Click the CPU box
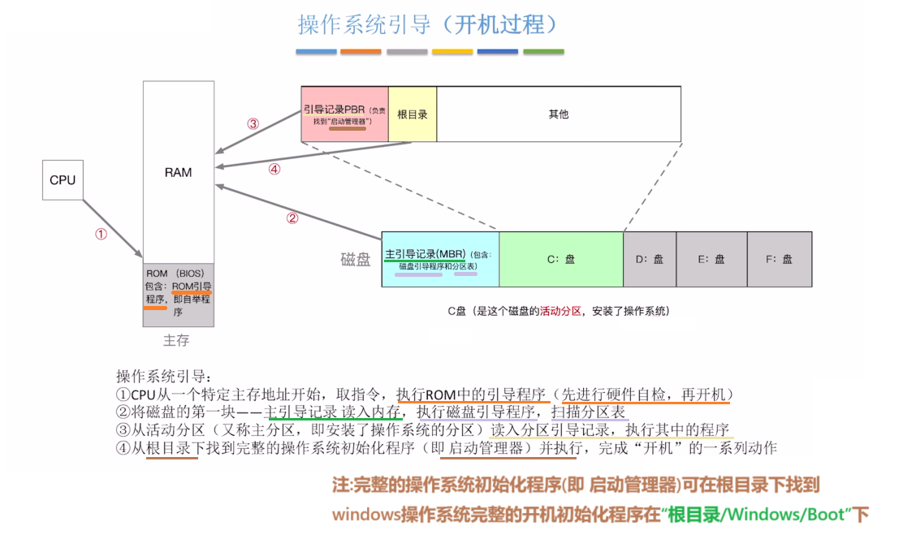(63, 179)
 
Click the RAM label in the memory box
(179, 172)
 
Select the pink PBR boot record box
(345, 114)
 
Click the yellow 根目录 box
(413, 114)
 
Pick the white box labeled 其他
(559, 114)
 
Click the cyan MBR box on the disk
(440, 259)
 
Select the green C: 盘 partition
(561, 259)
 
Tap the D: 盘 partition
(650, 259)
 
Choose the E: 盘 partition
(711, 259)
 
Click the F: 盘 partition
(780, 259)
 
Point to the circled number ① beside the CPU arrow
(101, 234)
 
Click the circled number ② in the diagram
(292, 218)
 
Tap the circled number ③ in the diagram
(253, 124)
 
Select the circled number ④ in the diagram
(274, 170)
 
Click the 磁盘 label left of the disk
(355, 260)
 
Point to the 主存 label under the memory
(176, 340)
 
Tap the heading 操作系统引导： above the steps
(163, 377)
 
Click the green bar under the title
(543, 52)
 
